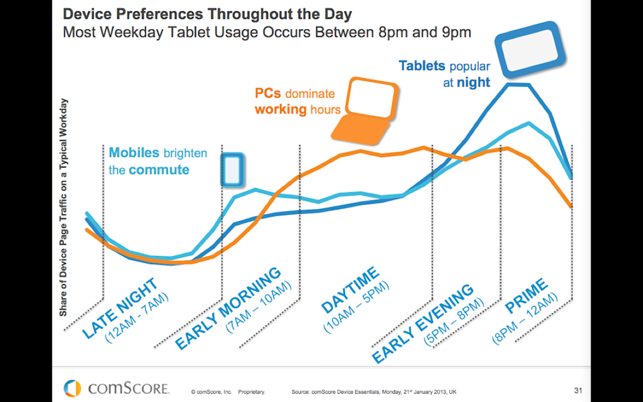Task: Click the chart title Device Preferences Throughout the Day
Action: [207, 14]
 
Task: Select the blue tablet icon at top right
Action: [528, 48]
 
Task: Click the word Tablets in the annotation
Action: [422, 66]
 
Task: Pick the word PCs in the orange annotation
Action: [268, 94]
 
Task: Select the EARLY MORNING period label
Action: [228, 308]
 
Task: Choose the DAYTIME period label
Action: [350, 289]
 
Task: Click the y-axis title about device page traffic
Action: [64, 208]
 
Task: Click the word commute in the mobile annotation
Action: [159, 170]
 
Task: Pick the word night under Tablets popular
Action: [474, 82]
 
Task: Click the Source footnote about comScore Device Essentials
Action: [375, 391]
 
